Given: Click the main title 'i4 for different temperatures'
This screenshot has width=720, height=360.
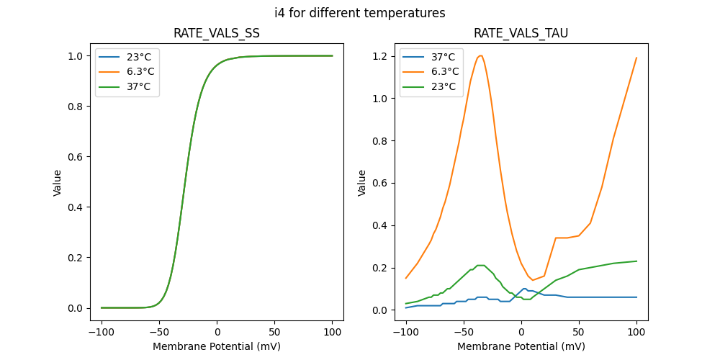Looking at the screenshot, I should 360,13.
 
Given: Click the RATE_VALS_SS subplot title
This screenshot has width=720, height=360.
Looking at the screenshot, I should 217,34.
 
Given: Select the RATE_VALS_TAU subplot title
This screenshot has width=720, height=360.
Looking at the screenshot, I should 521,34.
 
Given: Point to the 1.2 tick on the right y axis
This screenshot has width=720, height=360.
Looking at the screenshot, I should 380,56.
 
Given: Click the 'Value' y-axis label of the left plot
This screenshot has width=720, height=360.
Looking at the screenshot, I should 58,183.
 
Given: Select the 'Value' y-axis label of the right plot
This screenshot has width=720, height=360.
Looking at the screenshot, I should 362,183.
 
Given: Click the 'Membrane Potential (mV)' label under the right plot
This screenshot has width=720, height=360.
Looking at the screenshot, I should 521,346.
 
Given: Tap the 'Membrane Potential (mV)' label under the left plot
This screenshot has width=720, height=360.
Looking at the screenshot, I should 217,346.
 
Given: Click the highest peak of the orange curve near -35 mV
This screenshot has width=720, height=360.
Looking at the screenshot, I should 480,55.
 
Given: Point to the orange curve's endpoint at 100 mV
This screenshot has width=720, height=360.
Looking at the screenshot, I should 636,58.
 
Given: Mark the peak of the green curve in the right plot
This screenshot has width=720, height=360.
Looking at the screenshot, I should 480,265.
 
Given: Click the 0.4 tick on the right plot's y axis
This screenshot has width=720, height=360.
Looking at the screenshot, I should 380,225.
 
